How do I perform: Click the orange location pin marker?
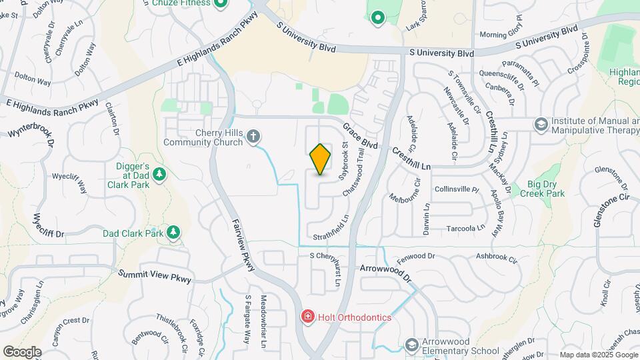(320, 159)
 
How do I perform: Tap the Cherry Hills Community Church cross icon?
(253, 137)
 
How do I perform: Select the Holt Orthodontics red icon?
(307, 317)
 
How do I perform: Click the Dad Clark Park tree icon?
(173, 232)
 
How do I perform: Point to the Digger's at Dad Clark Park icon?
(159, 175)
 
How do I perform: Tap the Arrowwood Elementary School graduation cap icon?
(412, 345)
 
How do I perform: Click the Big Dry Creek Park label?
(536, 189)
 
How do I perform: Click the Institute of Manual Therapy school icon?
(541, 124)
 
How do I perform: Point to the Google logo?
(22, 351)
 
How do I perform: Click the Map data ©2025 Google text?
(598, 355)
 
